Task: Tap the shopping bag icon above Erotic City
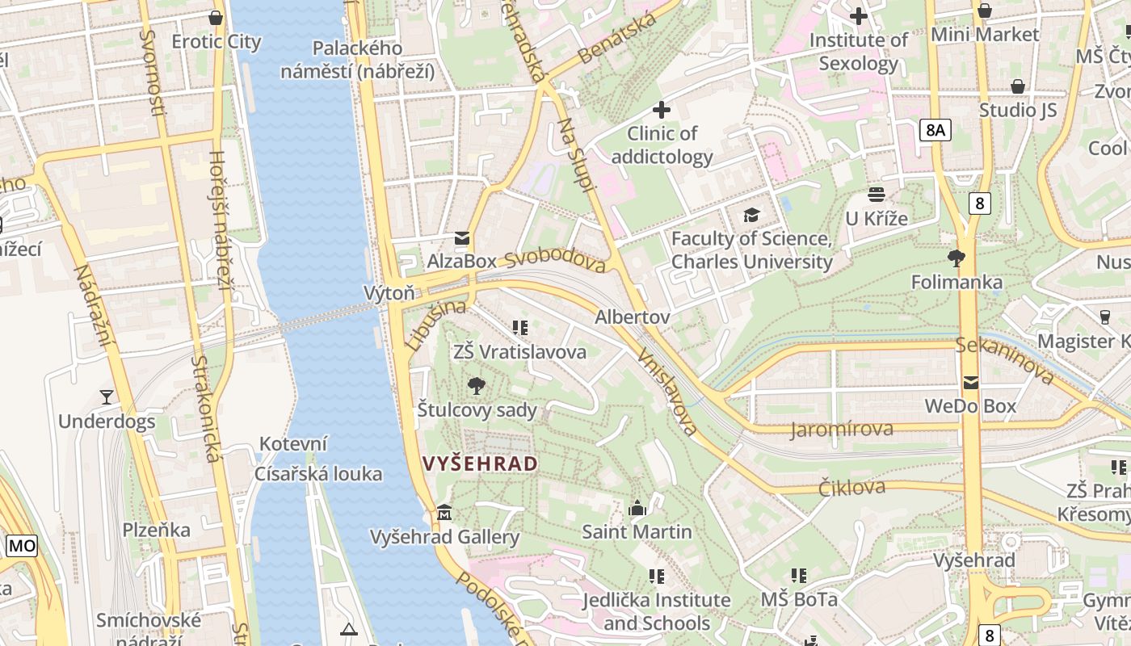(x=216, y=17)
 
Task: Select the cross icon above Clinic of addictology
(x=662, y=109)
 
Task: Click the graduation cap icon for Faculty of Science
(x=751, y=215)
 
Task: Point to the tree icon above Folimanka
(x=957, y=258)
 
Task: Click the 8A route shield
(x=935, y=130)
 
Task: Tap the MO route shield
(x=22, y=546)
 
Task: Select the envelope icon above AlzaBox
(x=462, y=238)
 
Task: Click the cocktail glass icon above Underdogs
(x=107, y=396)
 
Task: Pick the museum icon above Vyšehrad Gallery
(x=444, y=513)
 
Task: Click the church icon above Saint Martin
(x=637, y=508)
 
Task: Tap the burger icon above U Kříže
(x=877, y=194)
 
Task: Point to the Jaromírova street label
(x=842, y=429)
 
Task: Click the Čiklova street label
(x=851, y=487)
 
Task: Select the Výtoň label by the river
(x=389, y=292)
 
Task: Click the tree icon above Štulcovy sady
(x=477, y=386)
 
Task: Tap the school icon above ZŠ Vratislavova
(x=519, y=327)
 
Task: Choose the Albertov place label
(x=632, y=317)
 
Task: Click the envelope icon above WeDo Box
(x=970, y=382)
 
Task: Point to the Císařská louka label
(x=318, y=473)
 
